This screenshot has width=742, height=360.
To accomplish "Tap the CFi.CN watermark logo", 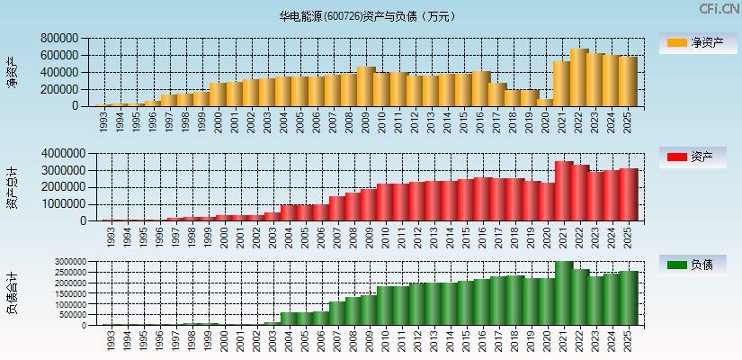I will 720,9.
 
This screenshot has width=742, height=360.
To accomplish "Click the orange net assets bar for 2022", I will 578,77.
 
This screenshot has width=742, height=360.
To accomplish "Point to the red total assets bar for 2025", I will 628,194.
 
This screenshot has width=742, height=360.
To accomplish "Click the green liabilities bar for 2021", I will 563,293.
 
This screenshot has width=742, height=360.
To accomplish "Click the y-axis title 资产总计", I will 12,187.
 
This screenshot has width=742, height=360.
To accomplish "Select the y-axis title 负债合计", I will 12,292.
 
